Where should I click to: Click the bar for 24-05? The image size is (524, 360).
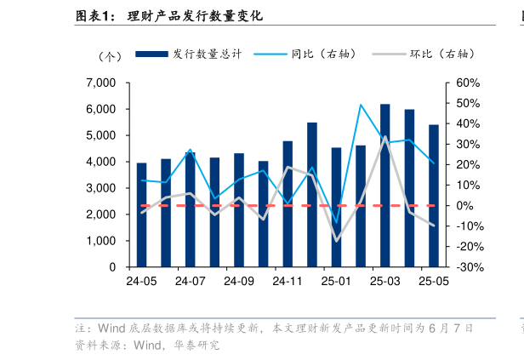[x=141, y=214]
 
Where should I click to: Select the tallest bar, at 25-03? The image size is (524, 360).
[x=385, y=186]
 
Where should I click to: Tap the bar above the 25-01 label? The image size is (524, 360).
[x=337, y=207]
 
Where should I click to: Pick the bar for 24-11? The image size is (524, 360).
[x=288, y=204]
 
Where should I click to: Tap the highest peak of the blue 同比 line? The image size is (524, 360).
[x=361, y=105]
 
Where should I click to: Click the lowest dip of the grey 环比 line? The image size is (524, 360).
[x=337, y=241]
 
